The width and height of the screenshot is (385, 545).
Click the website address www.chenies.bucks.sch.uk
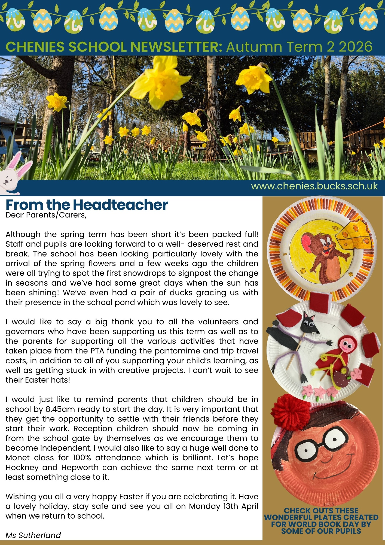click(314, 186)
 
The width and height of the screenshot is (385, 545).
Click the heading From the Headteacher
click(87, 205)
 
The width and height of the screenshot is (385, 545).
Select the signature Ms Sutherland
click(33, 535)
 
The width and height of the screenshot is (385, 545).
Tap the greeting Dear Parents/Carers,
click(46, 215)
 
